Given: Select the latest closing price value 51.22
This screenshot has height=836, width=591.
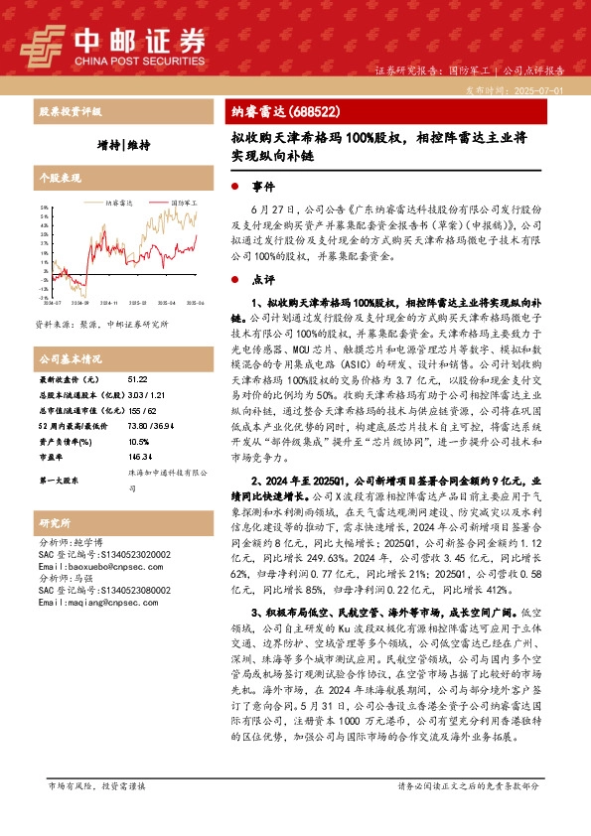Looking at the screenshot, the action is click(137, 380).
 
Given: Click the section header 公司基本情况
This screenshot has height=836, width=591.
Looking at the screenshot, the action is click(71, 358).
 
